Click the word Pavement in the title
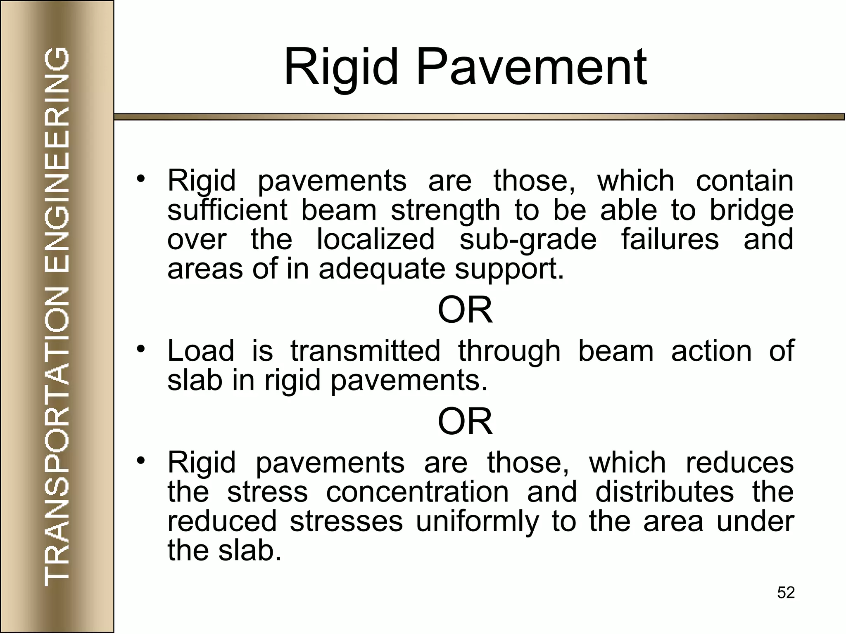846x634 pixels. (531, 67)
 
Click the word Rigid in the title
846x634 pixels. (341, 67)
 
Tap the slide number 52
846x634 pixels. (786, 593)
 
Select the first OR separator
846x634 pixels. (465, 310)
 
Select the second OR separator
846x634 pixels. (465, 422)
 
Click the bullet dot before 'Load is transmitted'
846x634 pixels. (141, 349)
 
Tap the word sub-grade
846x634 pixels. (528, 240)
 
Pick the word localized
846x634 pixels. (375, 239)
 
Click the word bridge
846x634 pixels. (751, 211)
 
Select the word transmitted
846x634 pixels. (365, 351)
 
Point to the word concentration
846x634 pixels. (417, 492)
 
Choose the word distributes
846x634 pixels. (664, 492)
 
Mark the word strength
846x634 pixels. (445, 211)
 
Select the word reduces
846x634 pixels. (739, 463)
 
